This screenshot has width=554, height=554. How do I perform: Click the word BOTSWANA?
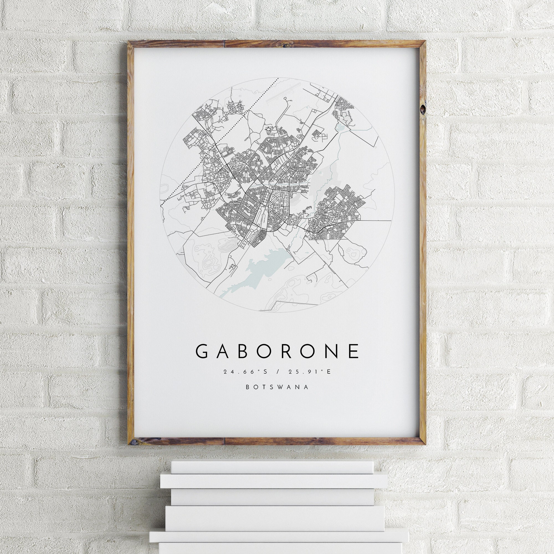click(x=277, y=387)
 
